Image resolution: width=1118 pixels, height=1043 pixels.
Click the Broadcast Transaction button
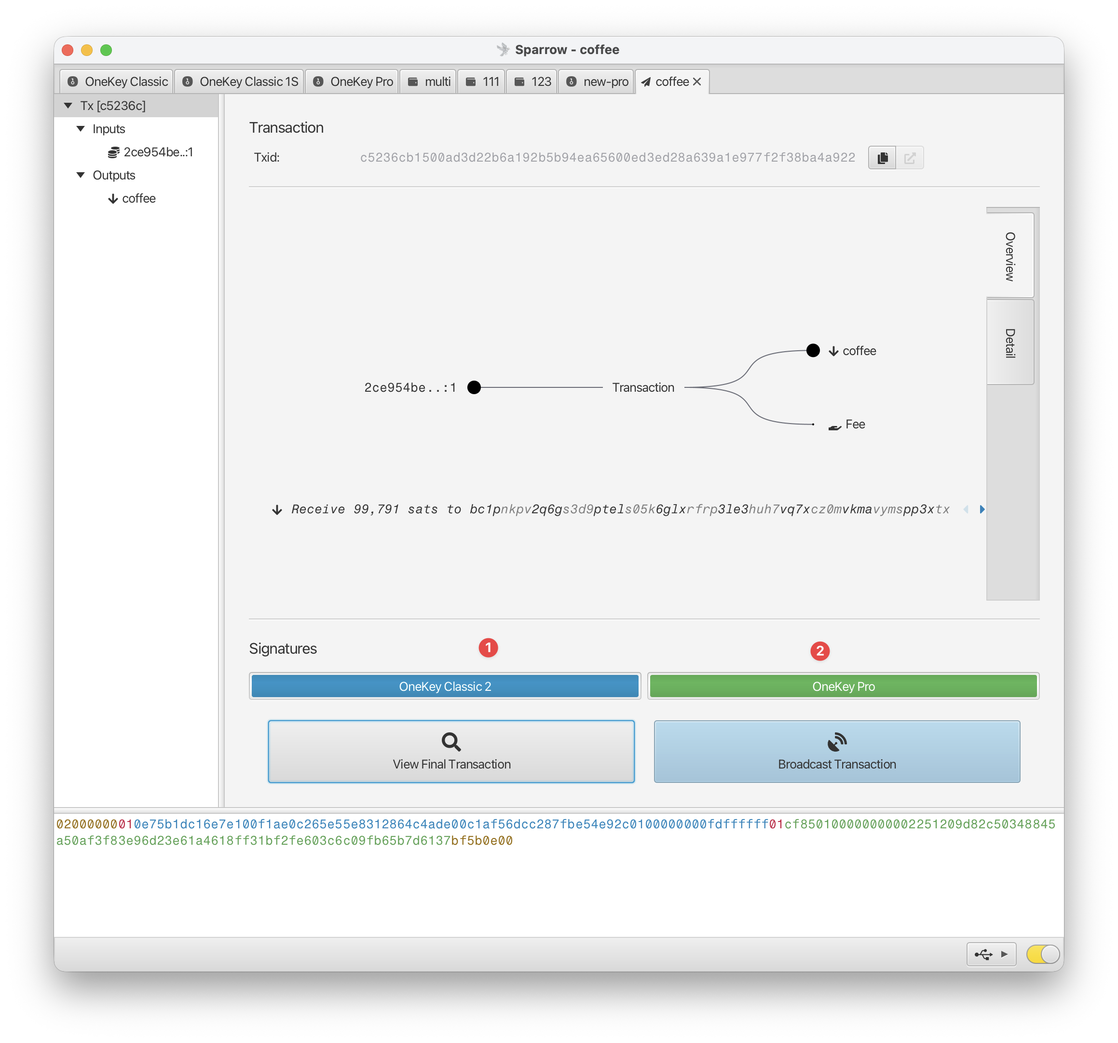click(x=837, y=751)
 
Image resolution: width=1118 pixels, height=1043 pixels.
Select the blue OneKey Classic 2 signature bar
click(x=445, y=686)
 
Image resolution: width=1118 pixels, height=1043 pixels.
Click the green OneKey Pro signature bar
click(x=843, y=686)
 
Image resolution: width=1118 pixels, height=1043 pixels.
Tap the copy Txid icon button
click(x=882, y=158)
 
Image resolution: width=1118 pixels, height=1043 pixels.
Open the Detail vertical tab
click(x=1010, y=343)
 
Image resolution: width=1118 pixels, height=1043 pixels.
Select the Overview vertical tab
click(x=1010, y=256)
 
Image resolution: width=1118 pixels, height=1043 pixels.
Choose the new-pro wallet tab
click(x=597, y=82)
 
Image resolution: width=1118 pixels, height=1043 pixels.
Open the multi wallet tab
click(x=429, y=82)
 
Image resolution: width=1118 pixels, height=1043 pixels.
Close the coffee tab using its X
click(x=697, y=82)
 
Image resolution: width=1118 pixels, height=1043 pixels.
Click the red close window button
click(x=68, y=50)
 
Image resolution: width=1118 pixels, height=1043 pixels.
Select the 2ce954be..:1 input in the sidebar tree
click(x=150, y=152)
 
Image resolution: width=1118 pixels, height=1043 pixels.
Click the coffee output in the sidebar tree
click(x=132, y=199)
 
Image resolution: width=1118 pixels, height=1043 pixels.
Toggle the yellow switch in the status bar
click(x=1043, y=954)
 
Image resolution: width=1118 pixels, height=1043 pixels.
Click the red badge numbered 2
click(x=820, y=651)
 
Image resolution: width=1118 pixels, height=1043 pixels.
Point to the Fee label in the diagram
click(x=855, y=424)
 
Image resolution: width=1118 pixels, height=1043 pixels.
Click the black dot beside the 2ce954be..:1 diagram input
click(x=474, y=387)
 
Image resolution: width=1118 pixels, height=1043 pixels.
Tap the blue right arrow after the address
click(x=982, y=509)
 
